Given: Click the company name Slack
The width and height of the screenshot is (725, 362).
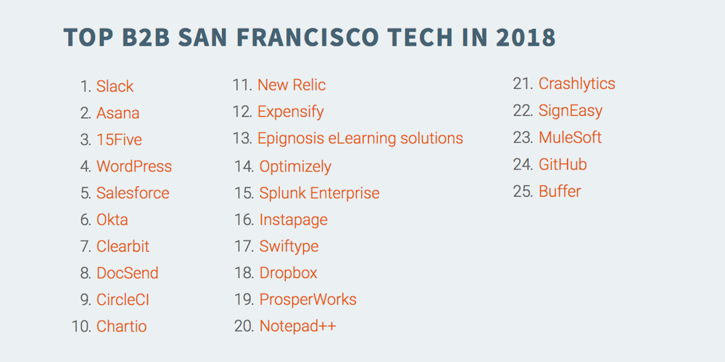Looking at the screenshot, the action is (115, 86).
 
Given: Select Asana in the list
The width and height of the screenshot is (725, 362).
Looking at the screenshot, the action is (118, 113).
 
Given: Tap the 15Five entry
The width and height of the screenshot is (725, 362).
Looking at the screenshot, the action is (120, 140).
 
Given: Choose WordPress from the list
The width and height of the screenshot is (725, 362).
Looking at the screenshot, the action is (134, 167).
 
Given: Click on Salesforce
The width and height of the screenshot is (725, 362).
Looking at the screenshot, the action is (133, 193).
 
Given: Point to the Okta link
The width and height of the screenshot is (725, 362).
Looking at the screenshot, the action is (112, 220).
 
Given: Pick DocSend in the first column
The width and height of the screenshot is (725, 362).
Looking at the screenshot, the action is (127, 273).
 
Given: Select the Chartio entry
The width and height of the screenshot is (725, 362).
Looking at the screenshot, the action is (122, 327).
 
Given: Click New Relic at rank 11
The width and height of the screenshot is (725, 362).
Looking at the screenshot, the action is (291, 85).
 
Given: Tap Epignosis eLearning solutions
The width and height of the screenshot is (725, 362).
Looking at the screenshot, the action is (360, 138).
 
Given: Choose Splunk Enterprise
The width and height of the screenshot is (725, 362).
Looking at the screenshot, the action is (320, 193).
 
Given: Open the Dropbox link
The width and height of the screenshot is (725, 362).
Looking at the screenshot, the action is (289, 273).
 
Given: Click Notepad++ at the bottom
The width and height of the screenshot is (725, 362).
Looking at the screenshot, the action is (298, 326).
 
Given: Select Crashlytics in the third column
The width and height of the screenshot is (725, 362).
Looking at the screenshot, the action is (577, 83).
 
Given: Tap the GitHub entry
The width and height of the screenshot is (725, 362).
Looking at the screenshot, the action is (563, 164).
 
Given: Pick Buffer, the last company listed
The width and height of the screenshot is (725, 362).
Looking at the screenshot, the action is (560, 191).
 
